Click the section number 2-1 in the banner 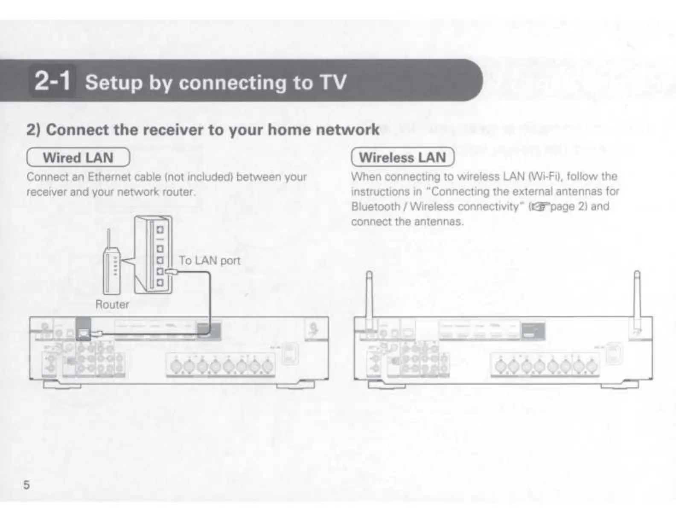point(52,81)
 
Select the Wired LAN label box point(78,157)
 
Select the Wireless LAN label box point(402,157)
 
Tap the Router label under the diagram point(112,304)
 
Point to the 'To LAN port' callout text point(209,260)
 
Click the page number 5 point(26,485)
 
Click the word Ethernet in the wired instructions point(105,177)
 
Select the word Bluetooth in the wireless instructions point(376,207)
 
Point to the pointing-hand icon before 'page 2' point(538,207)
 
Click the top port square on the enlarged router point(160,230)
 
